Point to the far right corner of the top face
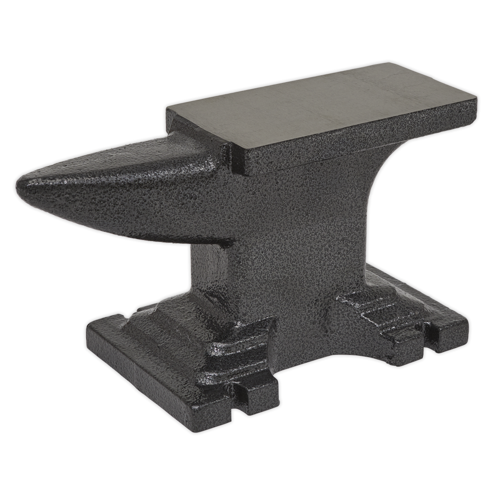(x=477, y=99)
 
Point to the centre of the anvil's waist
(x=296, y=246)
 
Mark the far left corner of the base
(x=87, y=329)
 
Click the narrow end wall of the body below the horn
(x=210, y=279)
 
